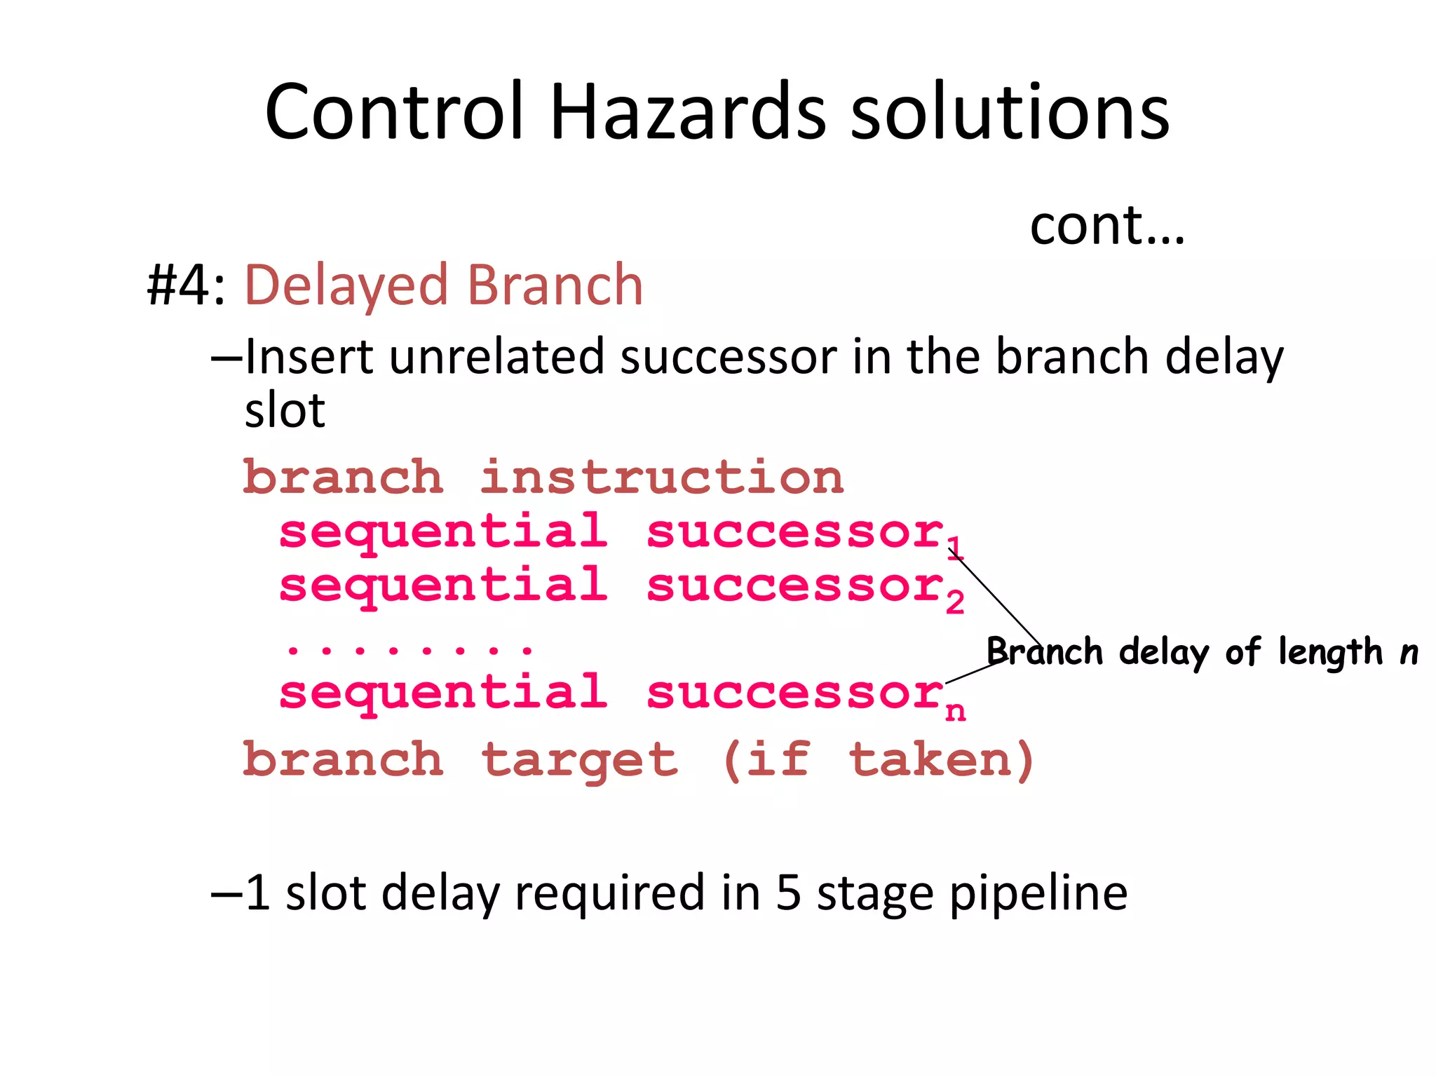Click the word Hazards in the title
688,112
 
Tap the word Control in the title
395,112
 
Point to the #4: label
186,285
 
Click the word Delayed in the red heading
346,287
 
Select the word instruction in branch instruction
662,478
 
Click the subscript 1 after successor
954,548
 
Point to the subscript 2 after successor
954,602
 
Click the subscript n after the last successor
955,712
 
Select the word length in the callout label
1330,652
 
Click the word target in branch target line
580,761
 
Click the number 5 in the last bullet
788,893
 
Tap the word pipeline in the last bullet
1038,895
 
